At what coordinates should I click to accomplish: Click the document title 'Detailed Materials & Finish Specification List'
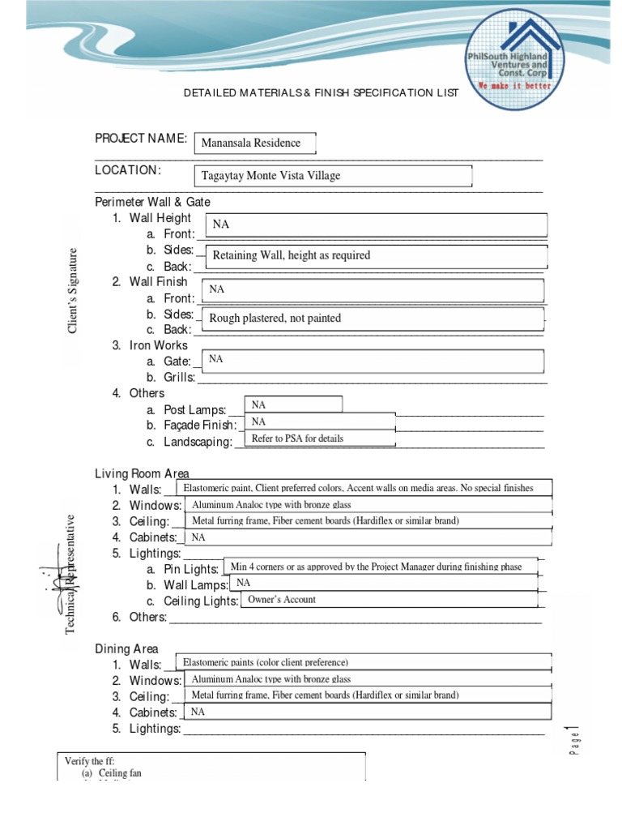321,92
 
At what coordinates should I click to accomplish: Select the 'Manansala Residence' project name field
254,143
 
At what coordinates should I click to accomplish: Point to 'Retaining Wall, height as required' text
291,255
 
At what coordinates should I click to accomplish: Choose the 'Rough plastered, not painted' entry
275,319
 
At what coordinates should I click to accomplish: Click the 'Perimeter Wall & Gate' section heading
152,202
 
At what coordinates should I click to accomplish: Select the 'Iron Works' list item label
158,345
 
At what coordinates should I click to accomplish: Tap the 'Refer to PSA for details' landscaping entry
297,439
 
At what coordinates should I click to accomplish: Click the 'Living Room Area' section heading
142,473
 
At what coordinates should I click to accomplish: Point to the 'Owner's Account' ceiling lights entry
282,600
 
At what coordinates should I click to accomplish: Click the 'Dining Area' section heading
126,648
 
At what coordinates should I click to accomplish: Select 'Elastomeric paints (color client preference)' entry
265,663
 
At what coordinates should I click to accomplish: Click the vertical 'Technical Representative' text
70,574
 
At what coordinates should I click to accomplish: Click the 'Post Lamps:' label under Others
194,409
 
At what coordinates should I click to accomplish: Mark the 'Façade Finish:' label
200,425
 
